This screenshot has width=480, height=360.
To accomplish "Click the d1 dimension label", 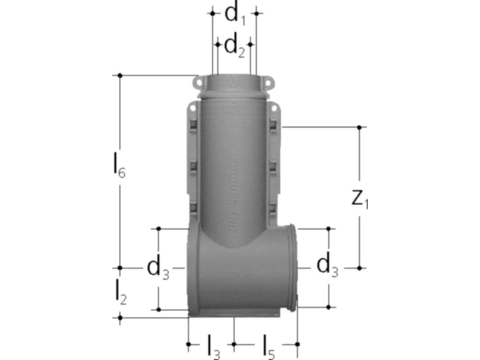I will pos(235,15).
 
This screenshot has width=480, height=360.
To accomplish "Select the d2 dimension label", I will pos(234,46).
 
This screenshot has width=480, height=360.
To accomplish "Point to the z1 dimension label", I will pos(360,199).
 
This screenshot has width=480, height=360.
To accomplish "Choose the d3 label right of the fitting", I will pos(328,267).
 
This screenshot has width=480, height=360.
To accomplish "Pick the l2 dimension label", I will pos(120,293).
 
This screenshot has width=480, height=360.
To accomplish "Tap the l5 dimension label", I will pos(268,347).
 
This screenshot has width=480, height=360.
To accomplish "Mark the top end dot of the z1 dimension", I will pos(359,127).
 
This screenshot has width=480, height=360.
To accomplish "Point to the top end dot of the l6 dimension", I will pos(120,75).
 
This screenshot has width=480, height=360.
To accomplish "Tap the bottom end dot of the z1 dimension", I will pos(359,268).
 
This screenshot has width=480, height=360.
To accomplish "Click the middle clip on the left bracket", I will pos(193,166).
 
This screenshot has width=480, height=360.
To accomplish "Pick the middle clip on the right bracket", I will pos(274,166).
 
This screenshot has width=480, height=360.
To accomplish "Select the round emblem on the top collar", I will pos(232,83).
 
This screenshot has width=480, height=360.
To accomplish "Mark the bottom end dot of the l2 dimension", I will pos(120,318).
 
